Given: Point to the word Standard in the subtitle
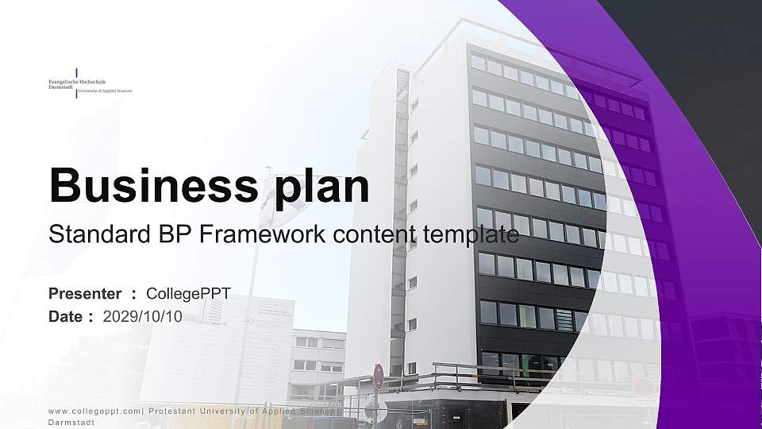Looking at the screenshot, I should [x=93, y=234].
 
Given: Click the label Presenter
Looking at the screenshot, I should [x=85, y=294].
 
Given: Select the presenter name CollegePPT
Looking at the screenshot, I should [x=188, y=294].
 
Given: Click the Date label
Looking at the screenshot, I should [x=67, y=316].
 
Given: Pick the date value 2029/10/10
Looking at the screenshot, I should [x=143, y=316].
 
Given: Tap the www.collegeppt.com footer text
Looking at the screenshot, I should [x=94, y=411].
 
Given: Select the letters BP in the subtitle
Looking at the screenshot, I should [x=167, y=234].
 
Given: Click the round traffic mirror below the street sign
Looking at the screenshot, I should [x=378, y=410].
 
